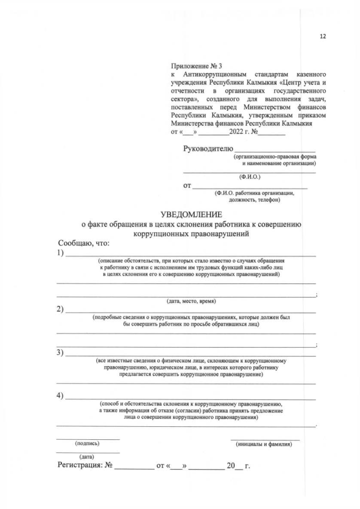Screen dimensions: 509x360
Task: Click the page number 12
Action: (x=322, y=36)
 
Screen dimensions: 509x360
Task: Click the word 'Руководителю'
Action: (x=208, y=148)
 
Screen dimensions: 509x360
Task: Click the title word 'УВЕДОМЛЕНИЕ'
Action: (x=191, y=214)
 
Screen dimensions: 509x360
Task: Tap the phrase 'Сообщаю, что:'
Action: (x=84, y=243)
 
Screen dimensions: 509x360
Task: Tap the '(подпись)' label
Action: (x=87, y=444)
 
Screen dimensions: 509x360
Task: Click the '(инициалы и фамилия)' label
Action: (x=264, y=444)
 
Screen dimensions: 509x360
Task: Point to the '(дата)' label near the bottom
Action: (x=87, y=456)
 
